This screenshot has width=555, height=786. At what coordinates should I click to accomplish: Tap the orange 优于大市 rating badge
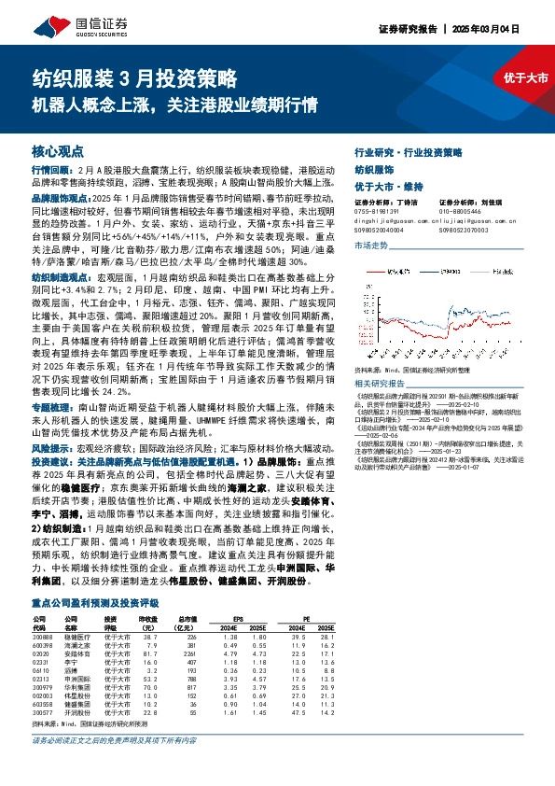coord(526,78)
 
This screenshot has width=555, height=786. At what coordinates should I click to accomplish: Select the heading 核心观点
coord(59,149)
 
